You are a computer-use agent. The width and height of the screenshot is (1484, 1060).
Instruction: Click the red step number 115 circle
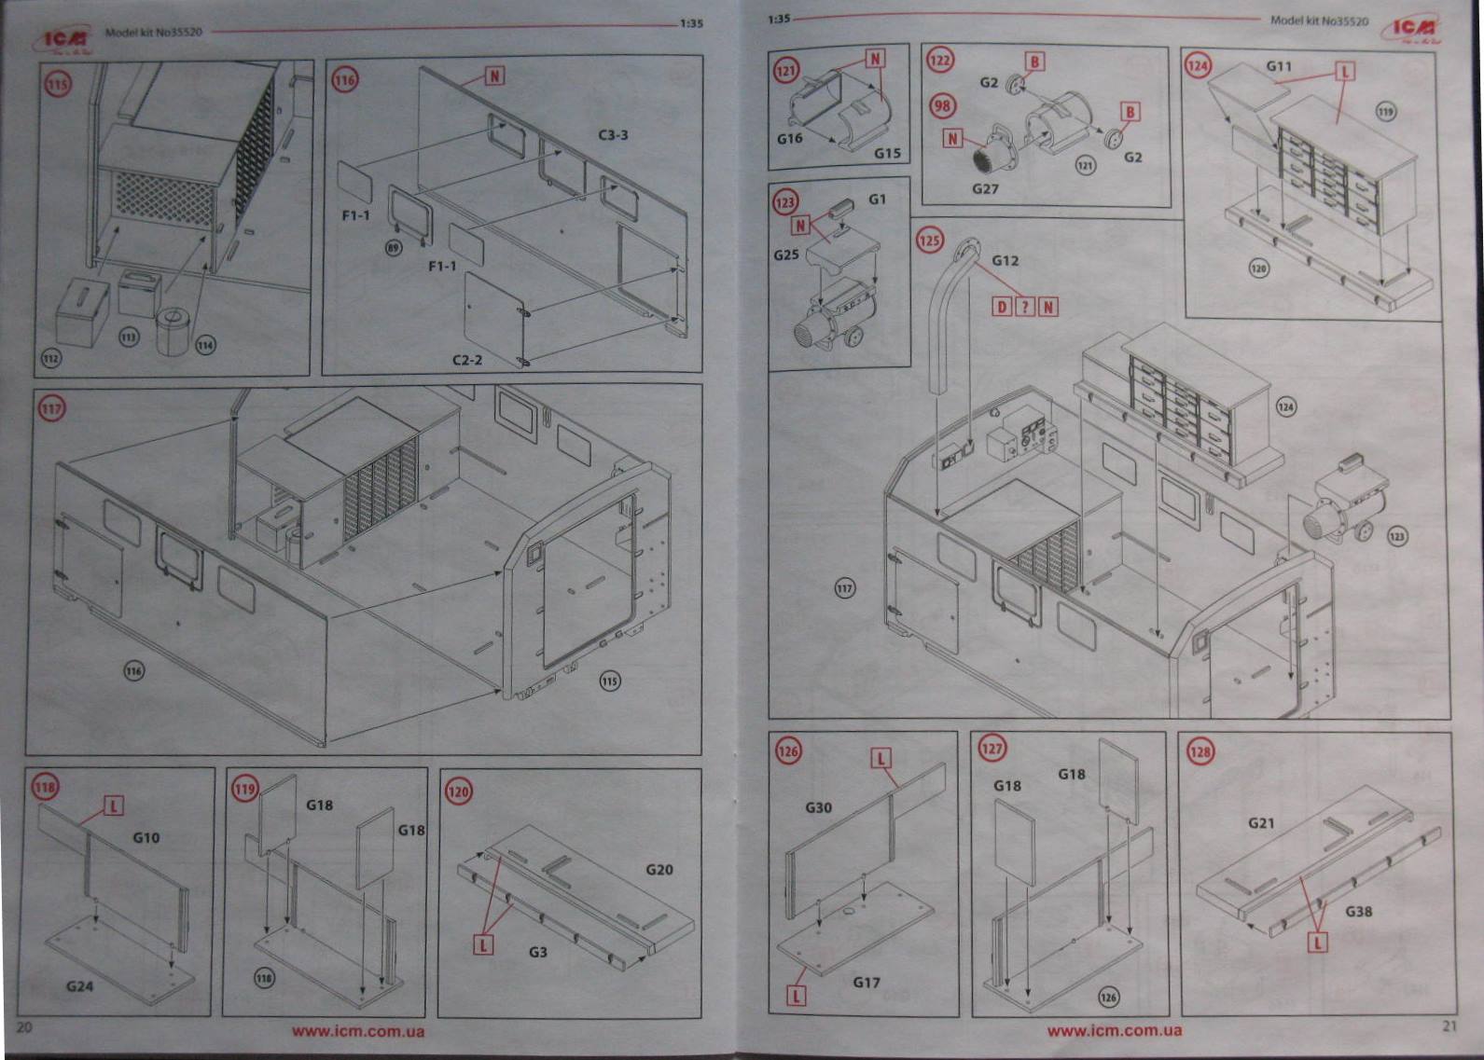pos(58,85)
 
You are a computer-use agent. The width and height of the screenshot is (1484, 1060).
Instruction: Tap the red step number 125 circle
pos(929,241)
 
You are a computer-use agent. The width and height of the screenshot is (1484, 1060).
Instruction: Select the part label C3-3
pos(613,135)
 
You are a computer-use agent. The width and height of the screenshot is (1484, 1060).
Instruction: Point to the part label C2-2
pos(466,359)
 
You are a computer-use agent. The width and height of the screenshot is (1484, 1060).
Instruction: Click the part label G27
pos(985,188)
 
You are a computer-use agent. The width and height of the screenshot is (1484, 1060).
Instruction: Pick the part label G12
pos(1005,261)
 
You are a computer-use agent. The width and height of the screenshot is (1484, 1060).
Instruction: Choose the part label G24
pos(79,985)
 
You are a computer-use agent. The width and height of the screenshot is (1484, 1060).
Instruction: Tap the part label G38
pos(1358,911)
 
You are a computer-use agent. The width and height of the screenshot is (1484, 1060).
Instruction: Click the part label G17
pos(866,982)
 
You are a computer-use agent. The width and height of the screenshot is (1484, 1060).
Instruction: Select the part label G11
pos(1279,66)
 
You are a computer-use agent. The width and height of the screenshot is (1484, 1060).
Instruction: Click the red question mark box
pos(1024,307)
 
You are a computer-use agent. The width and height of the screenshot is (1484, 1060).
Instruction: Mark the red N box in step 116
pos(494,76)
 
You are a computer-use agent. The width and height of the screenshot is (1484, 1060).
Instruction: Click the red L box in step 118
pos(113,805)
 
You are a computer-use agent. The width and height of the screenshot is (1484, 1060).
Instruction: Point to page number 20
pos(24,1026)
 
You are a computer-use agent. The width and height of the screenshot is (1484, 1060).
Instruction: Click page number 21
pos(1449,1026)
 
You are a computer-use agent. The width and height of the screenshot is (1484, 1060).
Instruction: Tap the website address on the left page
pos(357,1031)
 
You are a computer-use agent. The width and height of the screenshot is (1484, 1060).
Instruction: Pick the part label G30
pos(818,807)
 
